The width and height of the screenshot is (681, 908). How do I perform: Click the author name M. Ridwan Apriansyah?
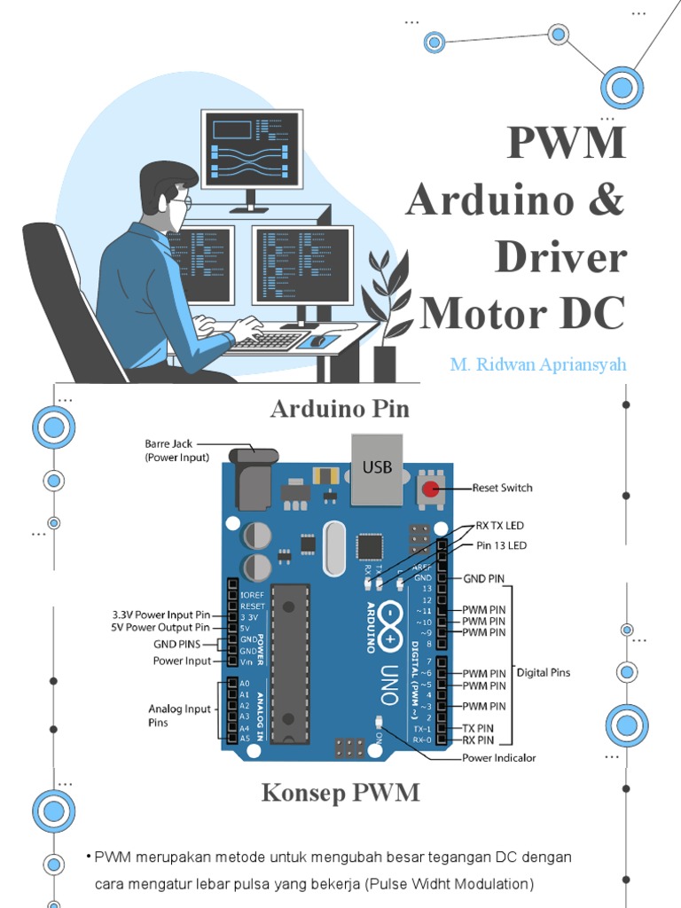click(x=537, y=364)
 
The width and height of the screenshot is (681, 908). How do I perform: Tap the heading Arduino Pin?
click(x=340, y=409)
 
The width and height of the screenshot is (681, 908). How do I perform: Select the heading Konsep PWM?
click(x=340, y=793)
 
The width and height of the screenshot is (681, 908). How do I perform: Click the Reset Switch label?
click(x=502, y=488)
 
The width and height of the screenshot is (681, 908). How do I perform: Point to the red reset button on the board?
click(x=431, y=489)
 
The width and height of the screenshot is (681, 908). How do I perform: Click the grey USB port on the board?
click(x=376, y=469)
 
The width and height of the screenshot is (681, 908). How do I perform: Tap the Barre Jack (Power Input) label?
click(x=177, y=450)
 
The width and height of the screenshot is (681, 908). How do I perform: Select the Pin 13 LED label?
click(x=501, y=545)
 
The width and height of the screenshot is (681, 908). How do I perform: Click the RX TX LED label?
click(x=500, y=526)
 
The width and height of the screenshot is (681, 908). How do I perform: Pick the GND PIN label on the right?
click(x=483, y=578)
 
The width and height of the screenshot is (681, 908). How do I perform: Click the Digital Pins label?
click(x=544, y=672)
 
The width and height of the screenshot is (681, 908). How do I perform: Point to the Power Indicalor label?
click(x=498, y=758)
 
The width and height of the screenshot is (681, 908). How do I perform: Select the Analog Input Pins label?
click(x=179, y=716)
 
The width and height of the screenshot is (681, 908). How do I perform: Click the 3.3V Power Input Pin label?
click(x=160, y=614)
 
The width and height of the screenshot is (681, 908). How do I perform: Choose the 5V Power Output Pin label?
click(x=161, y=628)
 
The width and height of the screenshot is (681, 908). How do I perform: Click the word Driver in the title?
click(x=560, y=257)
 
